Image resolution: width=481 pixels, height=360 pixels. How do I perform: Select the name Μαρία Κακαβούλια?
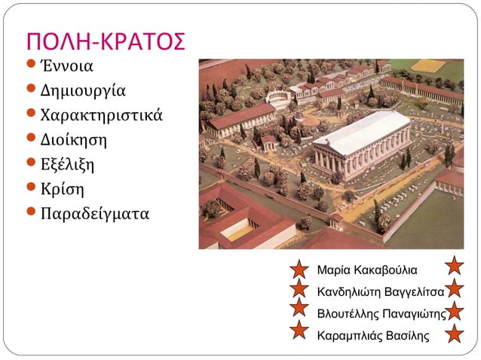point(367,269)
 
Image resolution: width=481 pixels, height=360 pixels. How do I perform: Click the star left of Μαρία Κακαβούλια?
point(299,268)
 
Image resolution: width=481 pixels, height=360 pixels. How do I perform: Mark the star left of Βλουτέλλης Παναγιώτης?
point(299,308)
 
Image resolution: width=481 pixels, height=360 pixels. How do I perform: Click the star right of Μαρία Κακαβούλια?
point(455,265)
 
